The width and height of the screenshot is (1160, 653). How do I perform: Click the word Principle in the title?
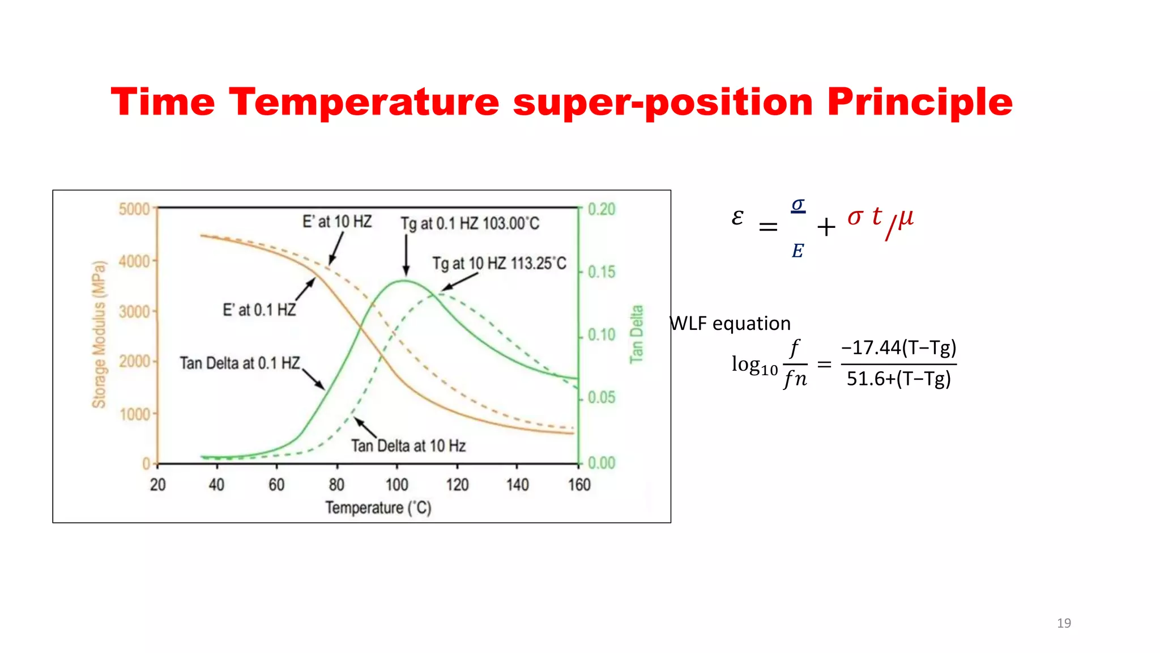click(919, 103)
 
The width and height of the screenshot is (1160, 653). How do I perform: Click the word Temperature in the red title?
click(364, 102)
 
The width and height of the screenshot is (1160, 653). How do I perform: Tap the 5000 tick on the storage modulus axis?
click(134, 209)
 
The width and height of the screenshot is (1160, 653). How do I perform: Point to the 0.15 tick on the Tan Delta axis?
click(601, 272)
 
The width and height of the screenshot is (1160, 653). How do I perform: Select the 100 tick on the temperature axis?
click(396, 485)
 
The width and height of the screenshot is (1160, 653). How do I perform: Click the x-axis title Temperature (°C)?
click(378, 508)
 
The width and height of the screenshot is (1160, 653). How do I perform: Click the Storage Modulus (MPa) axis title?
click(99, 334)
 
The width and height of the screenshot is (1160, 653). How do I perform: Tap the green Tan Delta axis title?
click(637, 334)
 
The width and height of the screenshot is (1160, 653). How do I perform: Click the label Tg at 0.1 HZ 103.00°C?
click(470, 223)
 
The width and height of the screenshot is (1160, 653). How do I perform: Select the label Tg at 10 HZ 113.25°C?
click(499, 264)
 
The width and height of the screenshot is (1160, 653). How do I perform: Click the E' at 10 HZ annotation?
click(337, 222)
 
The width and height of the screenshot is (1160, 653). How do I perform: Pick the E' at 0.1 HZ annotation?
click(259, 310)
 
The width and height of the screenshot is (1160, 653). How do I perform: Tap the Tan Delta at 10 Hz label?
click(408, 446)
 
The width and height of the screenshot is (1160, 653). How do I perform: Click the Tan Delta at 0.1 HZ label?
click(240, 363)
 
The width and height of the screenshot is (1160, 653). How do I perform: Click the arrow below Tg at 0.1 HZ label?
click(406, 255)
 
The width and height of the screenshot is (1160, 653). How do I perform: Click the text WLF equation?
click(730, 324)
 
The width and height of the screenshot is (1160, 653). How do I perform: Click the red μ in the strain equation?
click(906, 217)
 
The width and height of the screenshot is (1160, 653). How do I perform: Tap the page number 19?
click(1064, 623)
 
